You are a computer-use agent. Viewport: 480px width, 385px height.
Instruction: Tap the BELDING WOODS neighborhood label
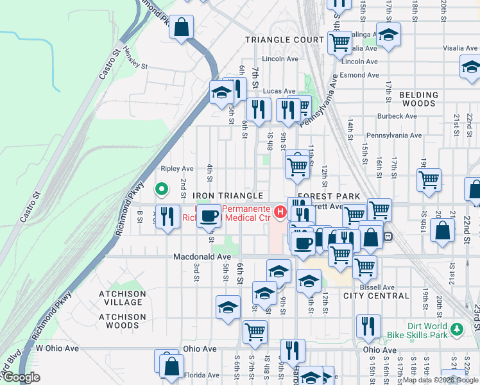(418, 99)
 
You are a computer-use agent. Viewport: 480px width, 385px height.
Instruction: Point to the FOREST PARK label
(327, 195)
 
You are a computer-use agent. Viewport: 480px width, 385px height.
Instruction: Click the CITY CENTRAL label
(376, 296)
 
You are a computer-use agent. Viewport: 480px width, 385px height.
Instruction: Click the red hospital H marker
(280, 210)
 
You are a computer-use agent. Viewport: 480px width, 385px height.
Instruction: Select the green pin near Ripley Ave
(162, 189)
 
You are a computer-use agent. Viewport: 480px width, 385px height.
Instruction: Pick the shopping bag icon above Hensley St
(182, 27)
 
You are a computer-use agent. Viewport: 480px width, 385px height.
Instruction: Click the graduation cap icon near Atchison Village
(228, 307)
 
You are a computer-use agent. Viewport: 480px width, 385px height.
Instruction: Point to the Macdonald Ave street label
(202, 257)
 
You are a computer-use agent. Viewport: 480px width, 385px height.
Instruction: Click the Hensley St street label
(135, 66)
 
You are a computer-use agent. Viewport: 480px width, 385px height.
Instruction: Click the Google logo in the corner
(21, 377)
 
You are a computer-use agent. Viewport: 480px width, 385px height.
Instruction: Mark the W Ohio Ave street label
(56, 348)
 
